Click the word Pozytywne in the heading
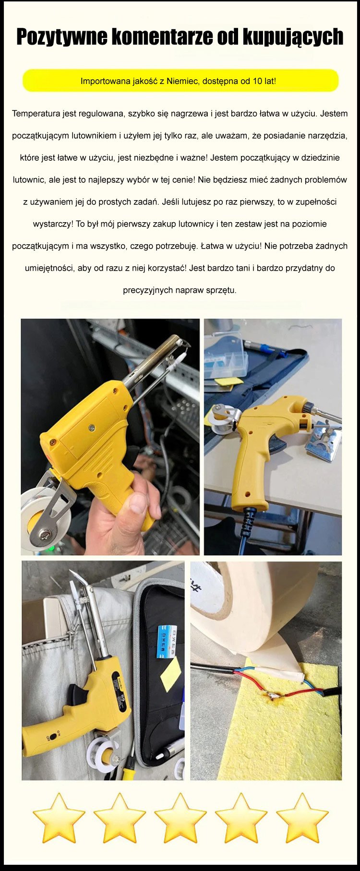coord(62,37)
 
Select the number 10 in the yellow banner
coord(257,81)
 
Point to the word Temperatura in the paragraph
coord(37,114)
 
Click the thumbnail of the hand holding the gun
coord(110,437)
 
